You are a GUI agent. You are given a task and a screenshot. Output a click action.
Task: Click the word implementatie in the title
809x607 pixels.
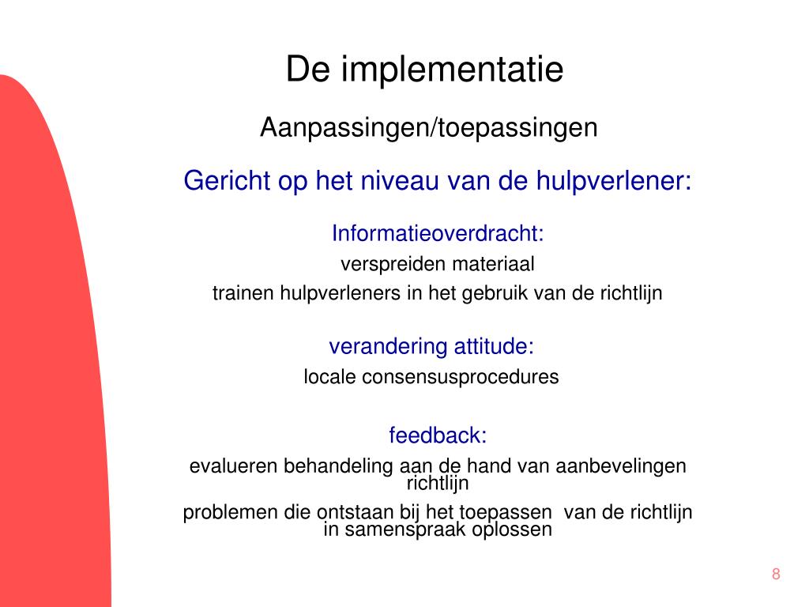(x=453, y=70)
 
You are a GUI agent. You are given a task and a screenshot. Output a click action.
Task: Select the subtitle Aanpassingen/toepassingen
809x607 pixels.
(x=429, y=127)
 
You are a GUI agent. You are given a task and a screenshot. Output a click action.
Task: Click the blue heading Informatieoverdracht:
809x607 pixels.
(x=438, y=234)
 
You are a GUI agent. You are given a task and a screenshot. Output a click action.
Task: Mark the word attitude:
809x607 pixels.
(x=494, y=346)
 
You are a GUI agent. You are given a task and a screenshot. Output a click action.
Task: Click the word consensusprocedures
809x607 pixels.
(x=461, y=377)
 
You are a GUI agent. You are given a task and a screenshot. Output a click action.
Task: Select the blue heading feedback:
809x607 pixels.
(x=438, y=435)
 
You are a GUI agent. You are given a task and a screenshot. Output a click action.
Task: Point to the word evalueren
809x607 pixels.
(x=232, y=466)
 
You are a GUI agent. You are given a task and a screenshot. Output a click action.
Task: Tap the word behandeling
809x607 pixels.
(x=338, y=466)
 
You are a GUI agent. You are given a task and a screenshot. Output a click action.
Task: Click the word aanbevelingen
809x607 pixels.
(x=621, y=466)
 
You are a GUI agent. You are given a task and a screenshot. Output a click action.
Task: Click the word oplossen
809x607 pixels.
(x=512, y=530)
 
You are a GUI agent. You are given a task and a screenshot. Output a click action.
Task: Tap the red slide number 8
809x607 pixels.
(x=776, y=575)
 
